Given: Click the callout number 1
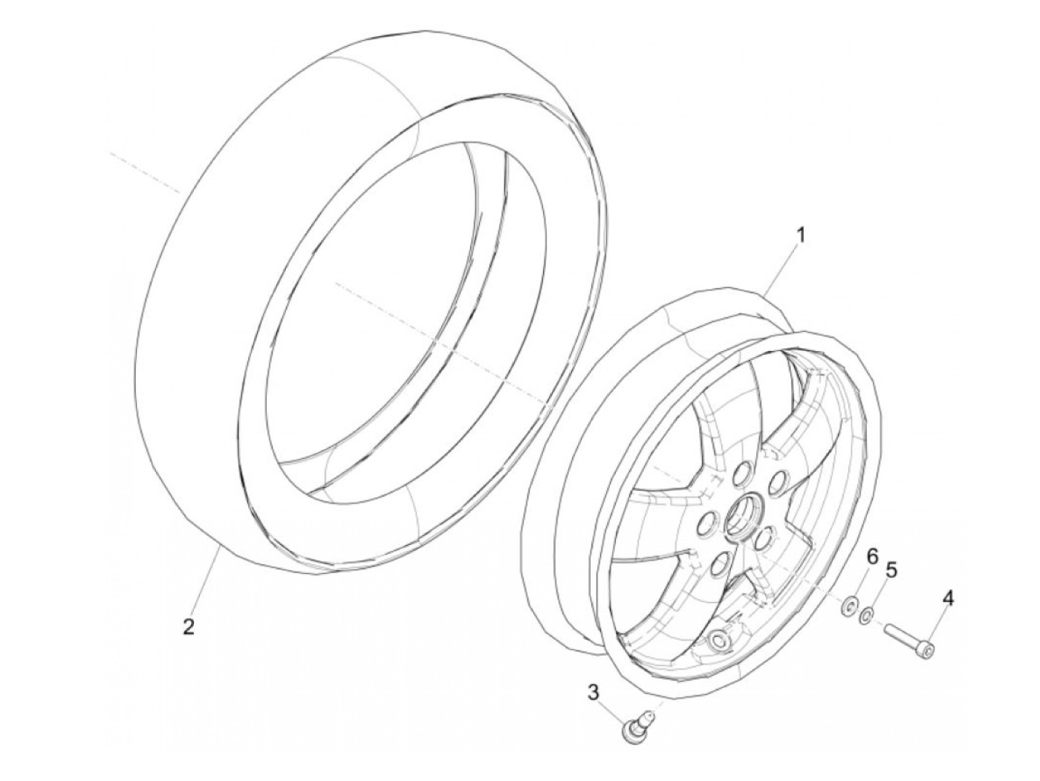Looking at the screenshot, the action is [x=800, y=235].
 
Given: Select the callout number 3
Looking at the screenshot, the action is [x=593, y=693].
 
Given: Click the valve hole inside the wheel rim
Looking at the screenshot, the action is [x=717, y=641].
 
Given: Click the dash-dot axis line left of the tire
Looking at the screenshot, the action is [x=145, y=174].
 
